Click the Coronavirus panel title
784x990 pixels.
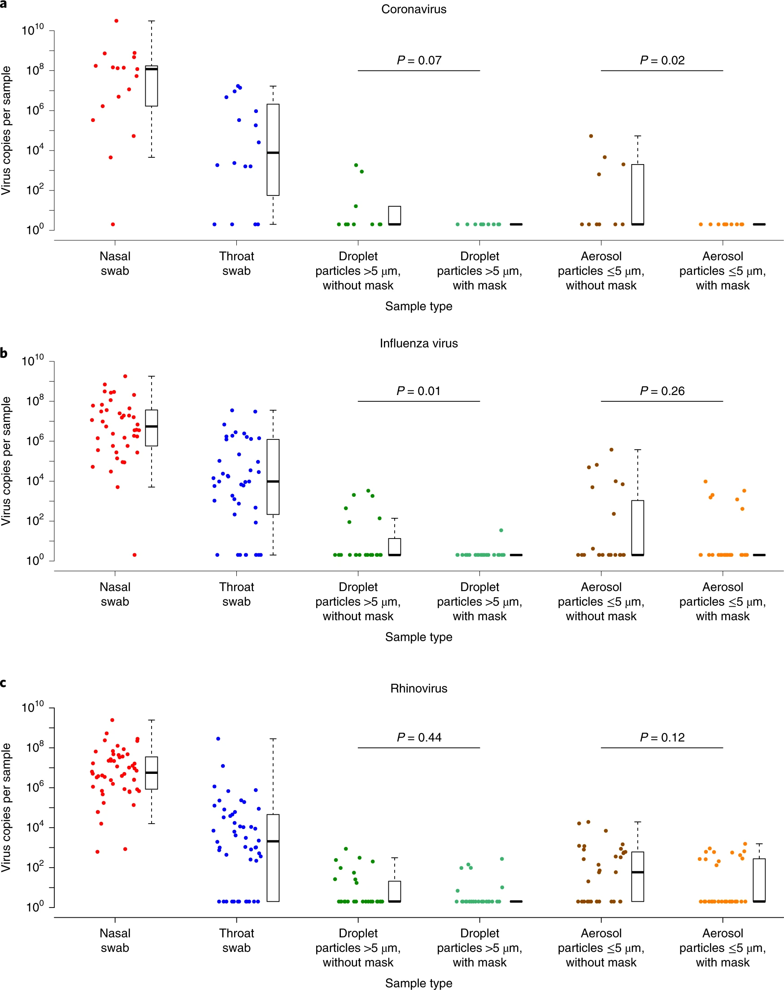[414, 9]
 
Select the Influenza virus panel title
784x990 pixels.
[418, 343]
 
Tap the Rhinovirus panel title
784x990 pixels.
[418, 688]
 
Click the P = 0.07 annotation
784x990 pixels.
[418, 61]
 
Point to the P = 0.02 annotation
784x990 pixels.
[662, 61]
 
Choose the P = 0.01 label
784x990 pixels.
[418, 391]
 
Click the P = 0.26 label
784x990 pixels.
[662, 391]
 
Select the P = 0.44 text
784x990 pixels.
[418, 737]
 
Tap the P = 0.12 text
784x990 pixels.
[662, 737]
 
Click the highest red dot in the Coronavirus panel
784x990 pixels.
[116, 21]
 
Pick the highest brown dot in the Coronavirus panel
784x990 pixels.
[591, 136]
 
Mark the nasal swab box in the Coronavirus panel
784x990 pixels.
[152, 86]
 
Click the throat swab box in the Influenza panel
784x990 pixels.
[273, 477]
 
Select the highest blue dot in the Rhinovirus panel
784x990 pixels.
[218, 738]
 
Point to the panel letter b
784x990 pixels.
[4, 353]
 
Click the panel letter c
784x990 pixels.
[3, 683]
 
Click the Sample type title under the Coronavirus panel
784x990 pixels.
[418, 306]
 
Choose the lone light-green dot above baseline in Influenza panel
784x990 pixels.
[501, 530]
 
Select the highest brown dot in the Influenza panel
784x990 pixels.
[611, 450]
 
